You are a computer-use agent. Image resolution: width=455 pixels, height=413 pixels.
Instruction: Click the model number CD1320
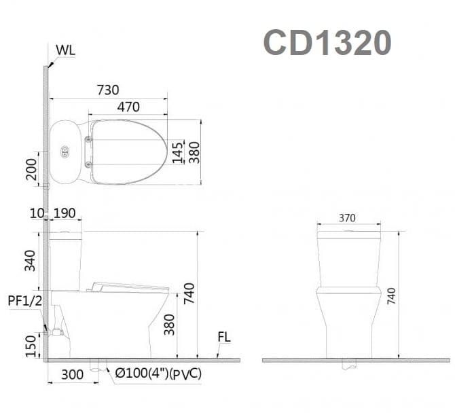coord(327,43)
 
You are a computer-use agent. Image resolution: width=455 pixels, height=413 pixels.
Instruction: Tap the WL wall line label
coord(66,50)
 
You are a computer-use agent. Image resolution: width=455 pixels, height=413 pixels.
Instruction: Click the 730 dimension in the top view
coord(107,90)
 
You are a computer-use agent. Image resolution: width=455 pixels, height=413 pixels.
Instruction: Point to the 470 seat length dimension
coord(128,107)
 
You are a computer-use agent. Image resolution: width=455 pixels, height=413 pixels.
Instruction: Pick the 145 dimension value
coord(177,152)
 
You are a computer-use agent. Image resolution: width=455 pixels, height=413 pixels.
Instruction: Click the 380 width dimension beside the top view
coord(194,152)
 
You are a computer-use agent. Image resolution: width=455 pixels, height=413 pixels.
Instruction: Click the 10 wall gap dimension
coord(37,213)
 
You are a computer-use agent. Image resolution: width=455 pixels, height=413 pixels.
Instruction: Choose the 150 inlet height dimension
coord(31,345)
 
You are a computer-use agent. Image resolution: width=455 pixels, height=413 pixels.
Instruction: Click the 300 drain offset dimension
coord(72,374)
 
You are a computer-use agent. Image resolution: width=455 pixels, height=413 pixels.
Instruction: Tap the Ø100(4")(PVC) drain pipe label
coord(158,374)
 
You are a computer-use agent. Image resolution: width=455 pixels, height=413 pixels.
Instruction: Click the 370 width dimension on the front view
coord(347,218)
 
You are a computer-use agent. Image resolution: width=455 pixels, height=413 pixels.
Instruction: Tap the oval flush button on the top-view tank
coord(65,151)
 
